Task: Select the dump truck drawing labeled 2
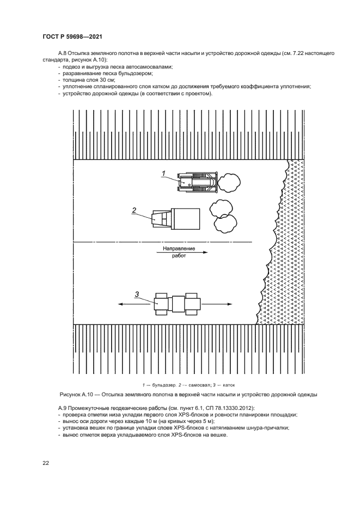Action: click(x=175, y=218)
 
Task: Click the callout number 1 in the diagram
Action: click(x=163, y=173)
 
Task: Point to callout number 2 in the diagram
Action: click(x=133, y=210)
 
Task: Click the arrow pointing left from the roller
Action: click(x=129, y=305)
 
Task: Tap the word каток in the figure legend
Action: click(x=228, y=384)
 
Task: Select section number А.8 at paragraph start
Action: click(x=63, y=53)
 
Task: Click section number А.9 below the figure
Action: click(x=63, y=408)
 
